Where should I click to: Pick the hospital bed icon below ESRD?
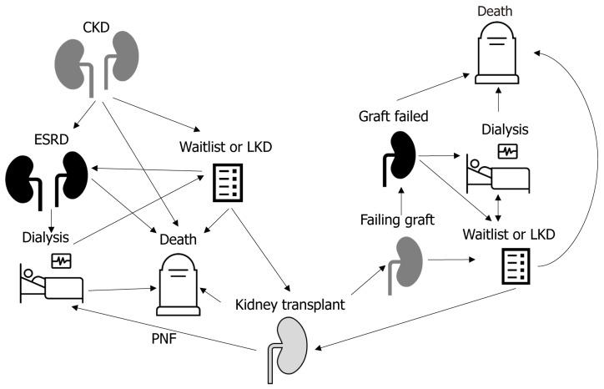tap(50, 280)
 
